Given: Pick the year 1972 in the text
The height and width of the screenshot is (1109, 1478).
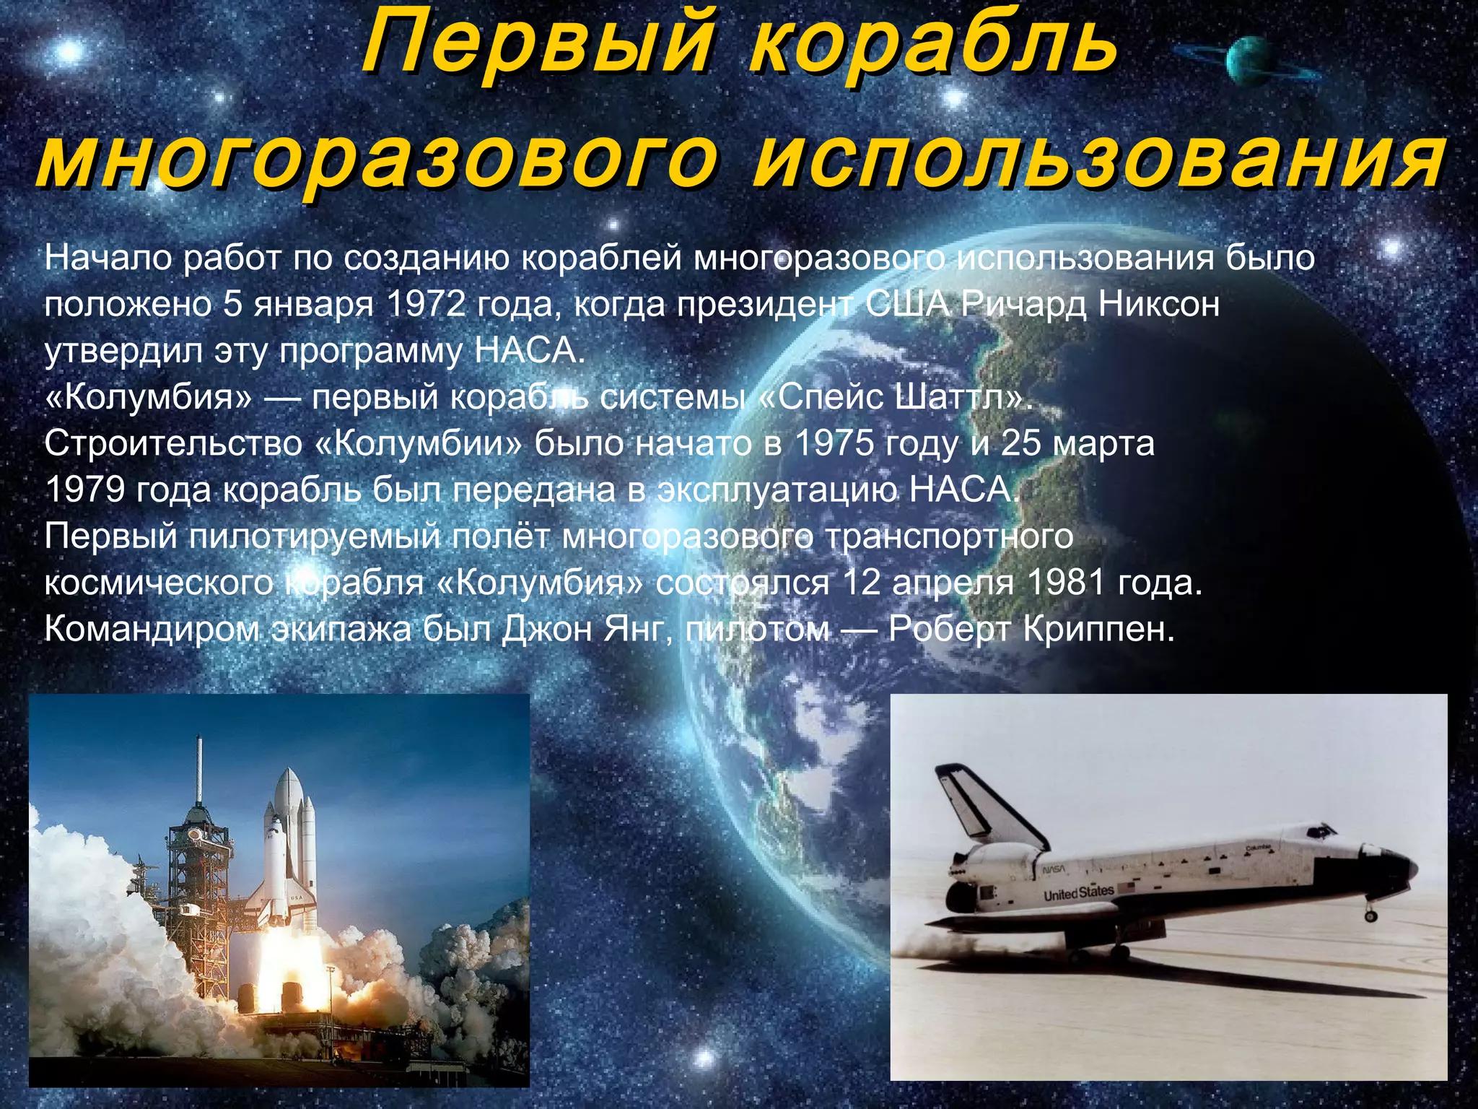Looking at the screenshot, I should coord(426,304).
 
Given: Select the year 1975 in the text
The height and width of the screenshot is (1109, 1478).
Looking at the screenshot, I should coord(834,443).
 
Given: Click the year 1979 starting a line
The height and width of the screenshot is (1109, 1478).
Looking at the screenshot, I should coord(86,490).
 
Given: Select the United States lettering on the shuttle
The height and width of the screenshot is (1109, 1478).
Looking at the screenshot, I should coord(1078,893).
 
